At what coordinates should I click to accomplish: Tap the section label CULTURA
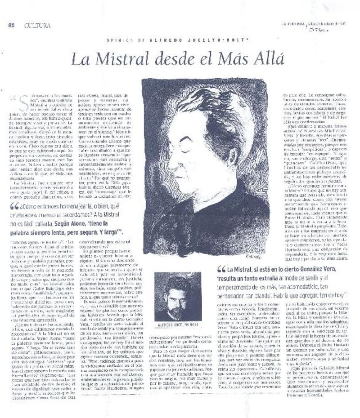(x=37, y=25)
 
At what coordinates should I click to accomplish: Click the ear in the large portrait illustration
(x=230, y=156)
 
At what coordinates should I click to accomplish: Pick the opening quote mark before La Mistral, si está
(x=221, y=270)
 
